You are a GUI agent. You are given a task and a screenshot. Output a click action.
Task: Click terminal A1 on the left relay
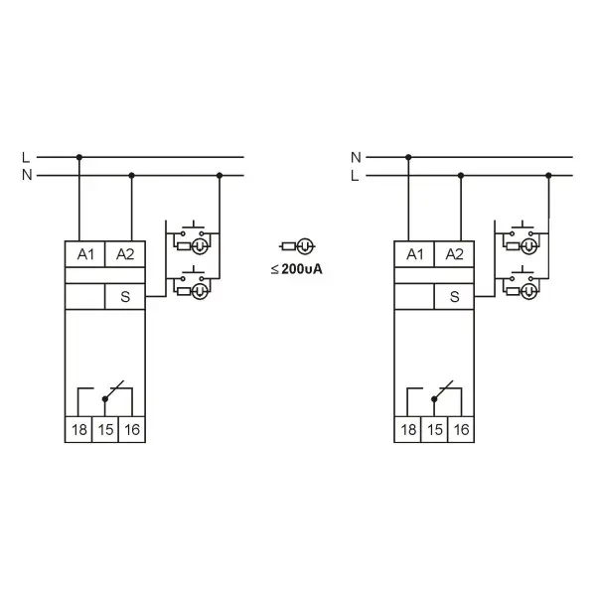[85, 254]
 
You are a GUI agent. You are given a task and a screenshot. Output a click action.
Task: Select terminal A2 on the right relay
[454, 254]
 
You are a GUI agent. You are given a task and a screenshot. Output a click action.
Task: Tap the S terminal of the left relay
[125, 296]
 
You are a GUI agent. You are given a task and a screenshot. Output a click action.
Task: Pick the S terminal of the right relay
[454, 296]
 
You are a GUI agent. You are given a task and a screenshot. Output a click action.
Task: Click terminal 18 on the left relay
[78, 429]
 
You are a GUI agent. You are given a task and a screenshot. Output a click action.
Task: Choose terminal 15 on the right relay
[434, 429]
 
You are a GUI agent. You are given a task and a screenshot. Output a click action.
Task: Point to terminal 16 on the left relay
[132, 429]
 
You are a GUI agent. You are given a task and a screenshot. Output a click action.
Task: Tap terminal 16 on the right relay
[461, 429]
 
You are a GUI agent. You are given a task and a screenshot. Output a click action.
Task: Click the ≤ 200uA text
[296, 269]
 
